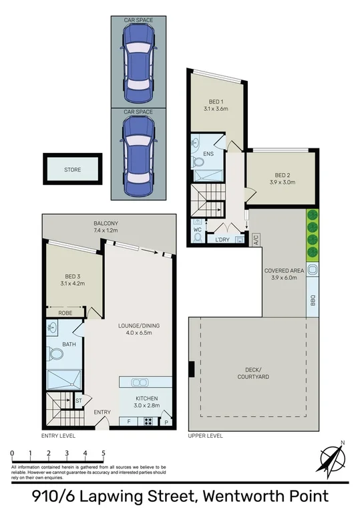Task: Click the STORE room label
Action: pyautogui.click(x=72, y=170)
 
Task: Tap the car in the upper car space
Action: pyautogui.click(x=138, y=61)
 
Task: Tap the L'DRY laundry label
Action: pyautogui.click(x=222, y=239)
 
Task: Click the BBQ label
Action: pyautogui.click(x=313, y=301)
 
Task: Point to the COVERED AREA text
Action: pyautogui.click(x=284, y=271)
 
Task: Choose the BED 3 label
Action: pyautogui.click(x=74, y=275)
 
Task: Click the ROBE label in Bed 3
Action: pyautogui.click(x=65, y=311)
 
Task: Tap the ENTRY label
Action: pyautogui.click(x=102, y=412)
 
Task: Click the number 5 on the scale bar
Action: pyautogui.click(x=104, y=453)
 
